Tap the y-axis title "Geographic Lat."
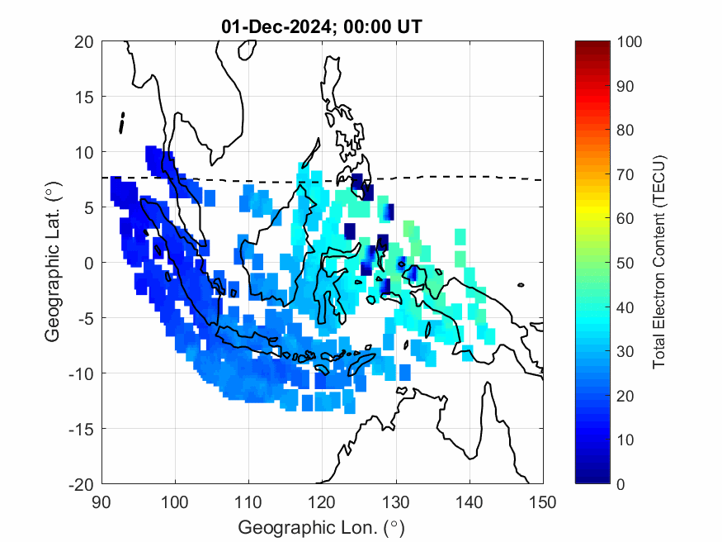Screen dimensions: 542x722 coord(53,263)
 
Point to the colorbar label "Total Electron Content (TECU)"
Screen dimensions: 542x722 coord(659,262)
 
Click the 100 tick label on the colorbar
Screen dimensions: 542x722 coord(630,41)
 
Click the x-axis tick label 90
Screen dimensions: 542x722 coord(101,502)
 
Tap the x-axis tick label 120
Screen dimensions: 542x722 coord(323,502)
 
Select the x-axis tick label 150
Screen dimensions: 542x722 coord(543,502)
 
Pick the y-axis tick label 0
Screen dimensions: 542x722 coord(90,263)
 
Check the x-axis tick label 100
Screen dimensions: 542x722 coord(175,502)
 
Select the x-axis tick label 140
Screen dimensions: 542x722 coord(470,502)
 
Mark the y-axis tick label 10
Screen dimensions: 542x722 coord(86,152)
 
